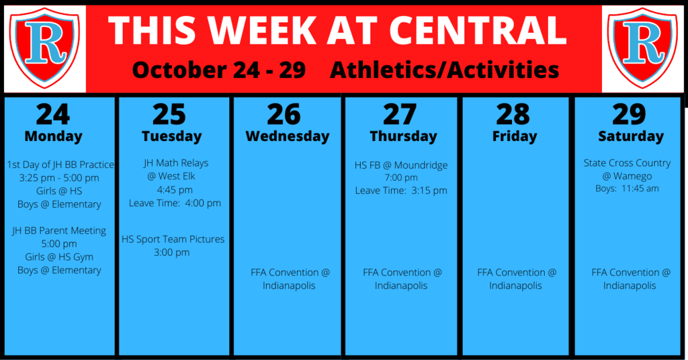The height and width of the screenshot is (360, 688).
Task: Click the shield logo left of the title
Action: coord(45,48)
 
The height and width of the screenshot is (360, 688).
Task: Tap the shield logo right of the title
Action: coord(642,48)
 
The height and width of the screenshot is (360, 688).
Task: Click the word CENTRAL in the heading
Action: coord(478,31)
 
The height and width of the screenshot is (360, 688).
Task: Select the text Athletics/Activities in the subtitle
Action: coord(445,70)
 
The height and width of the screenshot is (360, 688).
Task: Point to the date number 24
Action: coord(53,114)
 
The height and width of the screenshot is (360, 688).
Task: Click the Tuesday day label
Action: coord(171,136)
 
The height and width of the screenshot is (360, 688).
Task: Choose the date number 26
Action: coord(284,114)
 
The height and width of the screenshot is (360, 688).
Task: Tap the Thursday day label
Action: coord(403,136)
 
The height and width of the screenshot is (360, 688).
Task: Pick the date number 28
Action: coord(513,114)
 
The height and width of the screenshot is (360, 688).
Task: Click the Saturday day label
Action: coord(631,136)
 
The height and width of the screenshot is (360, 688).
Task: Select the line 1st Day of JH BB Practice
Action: coord(60,165)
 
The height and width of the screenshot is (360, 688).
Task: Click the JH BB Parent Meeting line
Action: coord(59,230)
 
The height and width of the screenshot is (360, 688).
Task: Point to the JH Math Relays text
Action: coord(176,163)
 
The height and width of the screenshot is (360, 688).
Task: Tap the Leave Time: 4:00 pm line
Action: coord(175,203)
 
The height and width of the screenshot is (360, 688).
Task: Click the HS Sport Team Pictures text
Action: coord(173,239)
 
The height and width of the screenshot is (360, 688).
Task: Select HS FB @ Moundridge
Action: coord(401,165)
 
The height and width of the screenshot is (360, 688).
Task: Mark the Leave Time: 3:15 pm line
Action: coord(401,191)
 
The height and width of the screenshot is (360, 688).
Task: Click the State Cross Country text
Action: coord(627,163)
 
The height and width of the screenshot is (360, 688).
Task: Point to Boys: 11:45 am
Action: coord(627,189)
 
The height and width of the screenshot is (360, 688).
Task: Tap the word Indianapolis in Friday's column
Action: coord(515,286)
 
